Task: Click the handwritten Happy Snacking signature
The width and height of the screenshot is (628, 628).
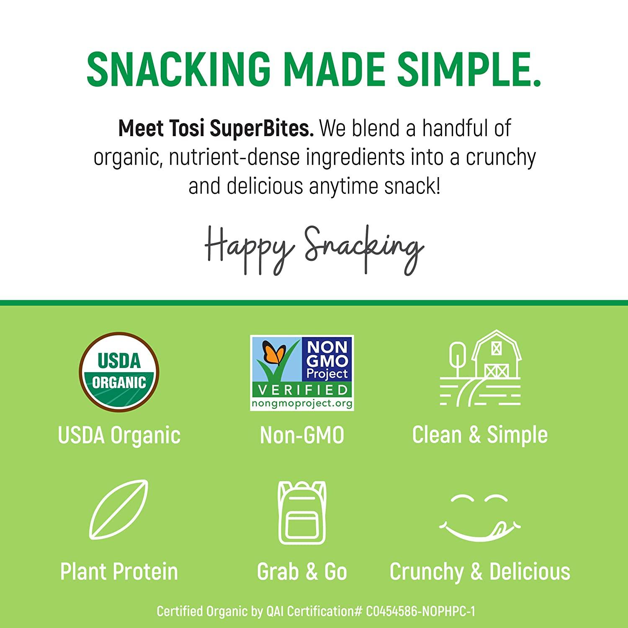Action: (314, 250)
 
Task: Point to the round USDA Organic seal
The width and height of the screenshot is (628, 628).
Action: (119, 372)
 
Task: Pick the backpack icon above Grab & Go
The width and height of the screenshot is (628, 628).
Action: (302, 511)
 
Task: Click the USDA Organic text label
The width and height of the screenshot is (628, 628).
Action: (119, 435)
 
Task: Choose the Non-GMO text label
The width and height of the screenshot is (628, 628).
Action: (302, 435)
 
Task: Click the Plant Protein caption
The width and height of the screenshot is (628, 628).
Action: (119, 572)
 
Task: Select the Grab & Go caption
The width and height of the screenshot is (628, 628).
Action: (302, 572)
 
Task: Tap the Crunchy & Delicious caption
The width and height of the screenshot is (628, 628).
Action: (480, 572)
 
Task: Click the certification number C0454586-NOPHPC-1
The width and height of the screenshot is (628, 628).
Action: (420, 612)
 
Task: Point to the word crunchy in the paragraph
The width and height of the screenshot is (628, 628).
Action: (501, 158)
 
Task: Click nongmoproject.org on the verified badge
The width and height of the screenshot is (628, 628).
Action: (301, 403)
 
